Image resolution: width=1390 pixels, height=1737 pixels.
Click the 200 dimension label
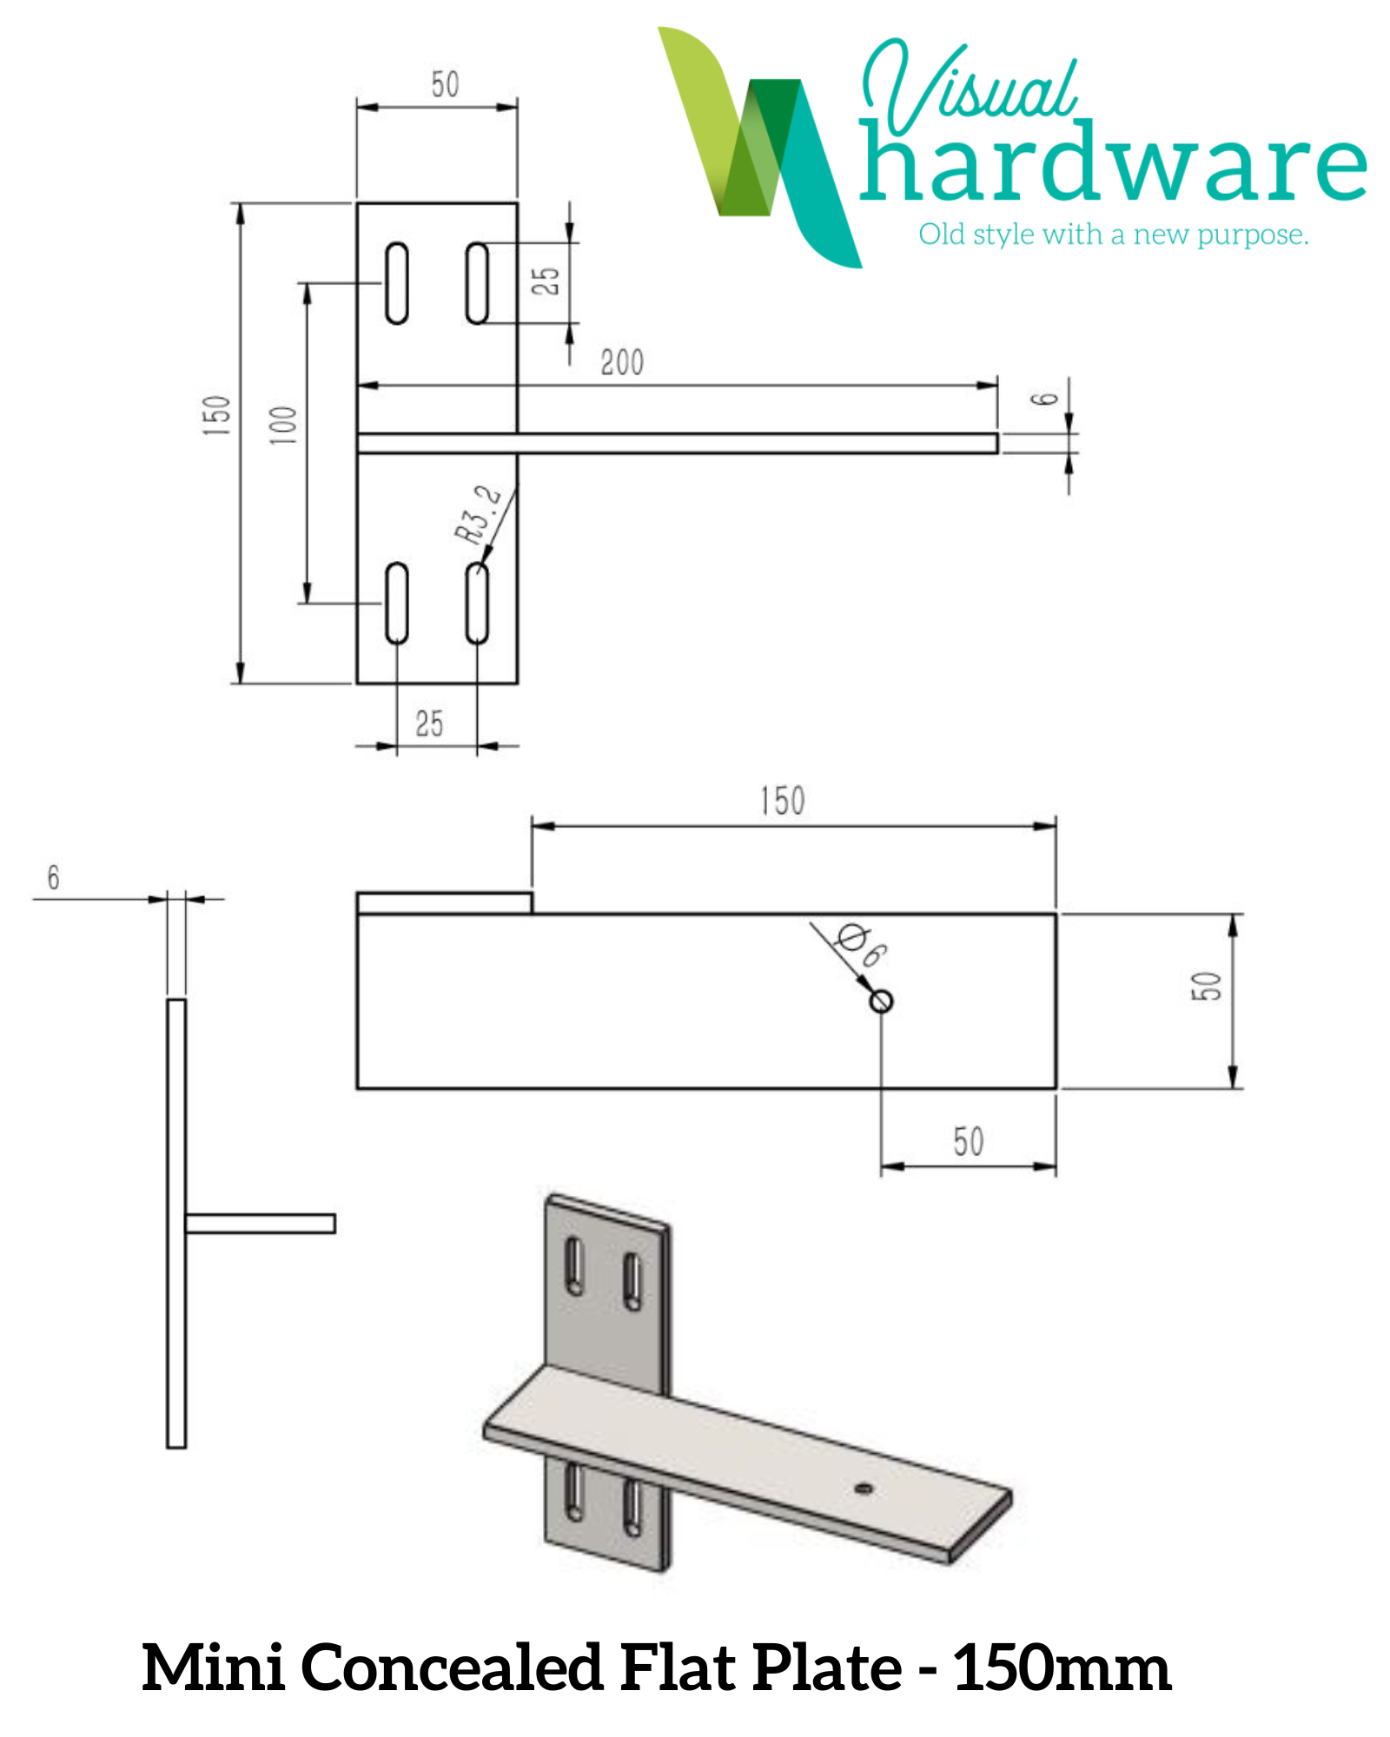[x=622, y=362]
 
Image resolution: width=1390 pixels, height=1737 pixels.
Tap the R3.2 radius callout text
[x=477, y=515]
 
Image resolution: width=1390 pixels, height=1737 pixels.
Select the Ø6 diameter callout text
[x=861, y=945]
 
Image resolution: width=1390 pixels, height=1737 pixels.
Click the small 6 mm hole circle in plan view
[x=880, y=1001]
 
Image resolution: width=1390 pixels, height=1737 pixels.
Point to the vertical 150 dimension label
[x=216, y=415]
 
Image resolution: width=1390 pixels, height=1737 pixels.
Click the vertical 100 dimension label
[x=283, y=425]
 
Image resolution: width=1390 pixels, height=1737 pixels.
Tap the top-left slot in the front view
[x=397, y=283]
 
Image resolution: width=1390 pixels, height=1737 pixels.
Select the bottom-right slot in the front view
[x=477, y=603]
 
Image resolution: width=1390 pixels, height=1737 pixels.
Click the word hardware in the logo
[x=1112, y=165]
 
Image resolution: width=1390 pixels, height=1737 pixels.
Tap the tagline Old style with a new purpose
[x=1113, y=234]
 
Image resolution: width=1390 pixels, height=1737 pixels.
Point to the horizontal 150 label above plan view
[x=782, y=801]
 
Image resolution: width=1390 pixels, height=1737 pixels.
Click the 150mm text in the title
[x=1062, y=1669]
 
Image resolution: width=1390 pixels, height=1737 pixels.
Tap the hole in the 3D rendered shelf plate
[x=863, y=1489]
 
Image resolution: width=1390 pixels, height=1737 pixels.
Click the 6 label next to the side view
[x=54, y=877]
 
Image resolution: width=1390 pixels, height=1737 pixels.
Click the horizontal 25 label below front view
[x=429, y=723]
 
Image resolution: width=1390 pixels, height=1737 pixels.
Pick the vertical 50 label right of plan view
[x=1206, y=987]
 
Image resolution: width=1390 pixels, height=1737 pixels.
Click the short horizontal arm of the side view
[x=261, y=1224]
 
